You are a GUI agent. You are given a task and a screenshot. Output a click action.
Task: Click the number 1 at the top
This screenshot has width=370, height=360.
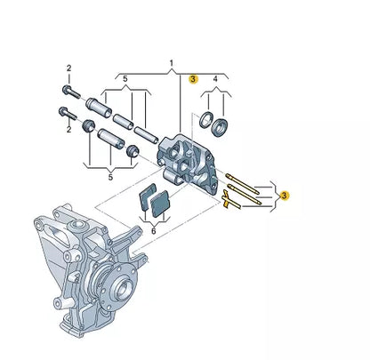(x=172, y=64)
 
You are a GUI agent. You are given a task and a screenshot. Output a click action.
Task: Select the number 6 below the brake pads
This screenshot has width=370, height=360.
(x=152, y=230)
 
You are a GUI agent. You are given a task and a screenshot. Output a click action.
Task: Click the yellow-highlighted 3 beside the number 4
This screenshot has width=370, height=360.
(x=193, y=79)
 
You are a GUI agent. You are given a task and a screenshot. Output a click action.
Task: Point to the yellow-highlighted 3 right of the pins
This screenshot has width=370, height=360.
(x=284, y=194)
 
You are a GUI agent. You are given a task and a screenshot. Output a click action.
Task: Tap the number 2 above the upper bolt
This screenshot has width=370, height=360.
(x=68, y=68)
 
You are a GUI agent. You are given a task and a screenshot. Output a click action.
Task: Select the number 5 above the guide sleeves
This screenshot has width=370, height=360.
(x=125, y=78)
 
